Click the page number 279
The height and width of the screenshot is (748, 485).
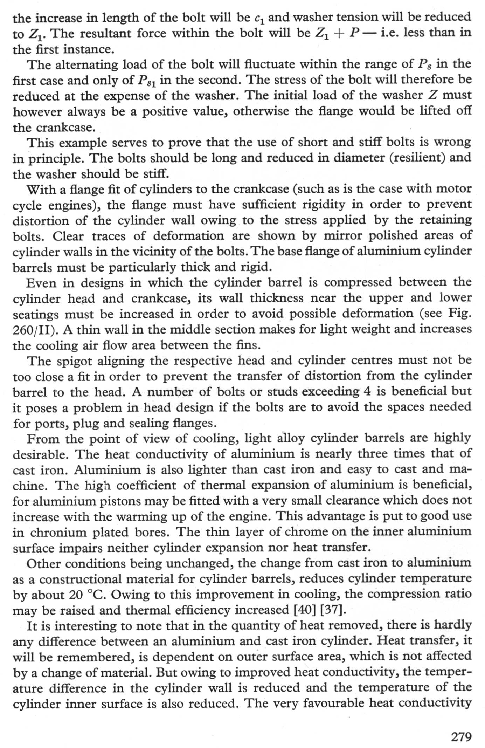[x=461, y=737]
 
